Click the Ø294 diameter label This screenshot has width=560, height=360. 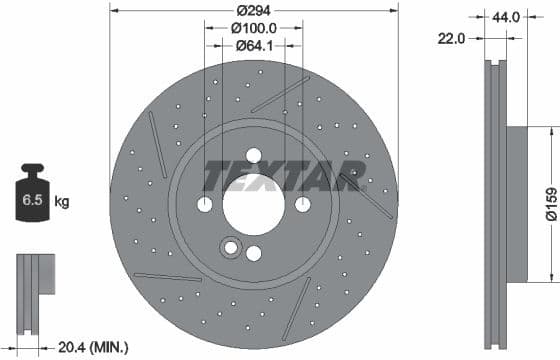(x=253, y=12)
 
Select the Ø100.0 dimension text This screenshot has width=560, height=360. (x=253, y=29)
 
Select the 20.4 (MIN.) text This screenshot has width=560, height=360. (x=93, y=347)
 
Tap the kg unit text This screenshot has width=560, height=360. (x=62, y=202)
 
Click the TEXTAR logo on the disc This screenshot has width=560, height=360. (x=282, y=175)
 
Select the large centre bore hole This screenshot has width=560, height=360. (x=253, y=204)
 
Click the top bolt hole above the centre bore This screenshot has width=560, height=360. (x=253, y=155)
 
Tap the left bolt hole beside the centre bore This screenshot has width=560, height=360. (x=204, y=204)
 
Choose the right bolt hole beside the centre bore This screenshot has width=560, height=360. (x=302, y=204)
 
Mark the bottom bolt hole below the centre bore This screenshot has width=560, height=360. (x=253, y=253)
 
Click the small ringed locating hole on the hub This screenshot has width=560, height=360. (x=232, y=247)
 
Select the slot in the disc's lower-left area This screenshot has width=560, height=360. (x=167, y=276)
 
